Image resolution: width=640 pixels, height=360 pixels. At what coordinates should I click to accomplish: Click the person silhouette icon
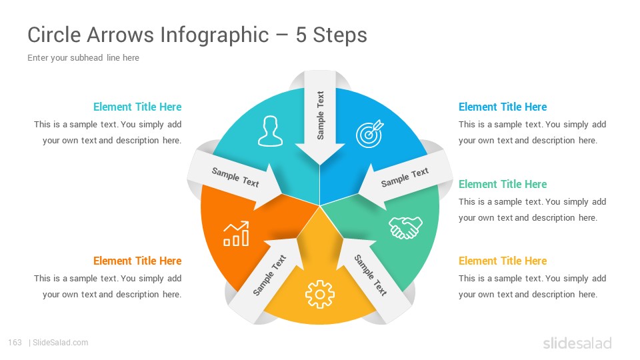(270, 131)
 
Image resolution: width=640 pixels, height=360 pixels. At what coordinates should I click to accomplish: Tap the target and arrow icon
(370, 133)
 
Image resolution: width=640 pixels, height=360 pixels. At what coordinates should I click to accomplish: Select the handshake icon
(405, 227)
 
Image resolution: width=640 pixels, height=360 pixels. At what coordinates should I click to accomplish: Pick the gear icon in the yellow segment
(320, 294)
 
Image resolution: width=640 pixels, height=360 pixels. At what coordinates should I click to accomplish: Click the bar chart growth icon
(236, 234)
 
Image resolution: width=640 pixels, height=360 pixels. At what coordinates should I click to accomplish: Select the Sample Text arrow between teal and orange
(235, 178)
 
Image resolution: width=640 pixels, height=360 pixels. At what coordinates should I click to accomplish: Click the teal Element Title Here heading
(137, 107)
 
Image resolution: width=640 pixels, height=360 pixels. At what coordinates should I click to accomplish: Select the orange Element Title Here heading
(137, 261)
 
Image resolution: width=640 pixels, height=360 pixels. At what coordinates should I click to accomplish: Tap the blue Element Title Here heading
(503, 107)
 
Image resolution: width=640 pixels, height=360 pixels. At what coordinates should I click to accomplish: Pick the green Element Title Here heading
(503, 184)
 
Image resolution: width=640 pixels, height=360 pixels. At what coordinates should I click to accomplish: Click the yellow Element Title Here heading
(503, 261)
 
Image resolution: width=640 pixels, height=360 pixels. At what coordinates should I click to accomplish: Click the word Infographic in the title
(214, 35)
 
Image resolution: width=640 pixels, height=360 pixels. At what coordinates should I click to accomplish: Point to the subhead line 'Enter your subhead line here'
(83, 57)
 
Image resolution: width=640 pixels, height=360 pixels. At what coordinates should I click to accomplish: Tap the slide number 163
(15, 343)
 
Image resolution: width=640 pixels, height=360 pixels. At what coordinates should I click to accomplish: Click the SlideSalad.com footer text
(61, 343)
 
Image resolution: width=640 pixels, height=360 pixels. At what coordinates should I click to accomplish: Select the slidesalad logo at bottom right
(577, 343)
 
